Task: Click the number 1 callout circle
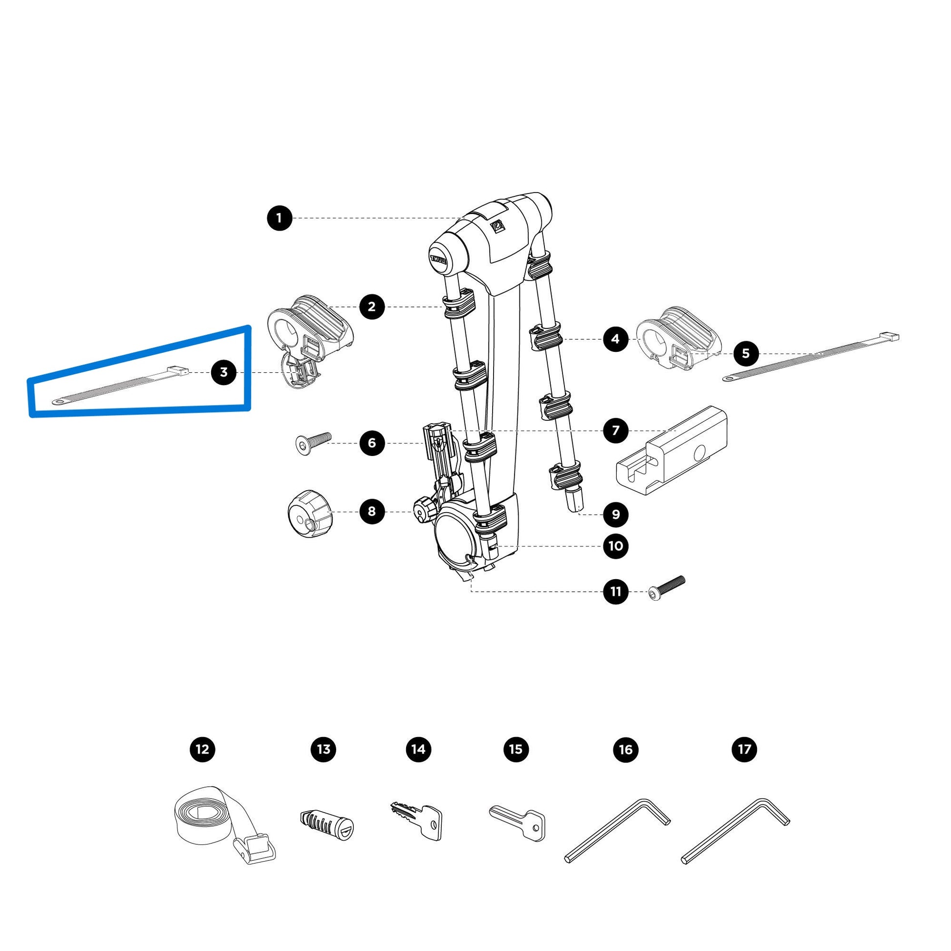tap(279, 218)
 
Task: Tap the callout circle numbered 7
tap(616, 431)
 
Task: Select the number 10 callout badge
tap(616, 546)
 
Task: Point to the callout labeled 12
tap(202, 749)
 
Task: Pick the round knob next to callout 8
tap(310, 514)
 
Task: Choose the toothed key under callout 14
tap(418, 821)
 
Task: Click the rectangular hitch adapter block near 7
tap(672, 452)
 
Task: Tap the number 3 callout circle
tap(223, 372)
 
